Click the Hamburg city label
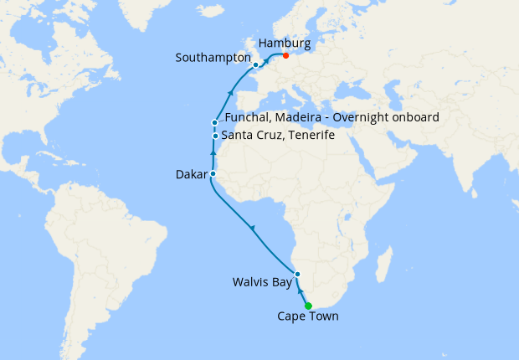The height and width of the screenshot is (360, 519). tap(285, 43)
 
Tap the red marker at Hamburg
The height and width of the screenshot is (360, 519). tap(285, 56)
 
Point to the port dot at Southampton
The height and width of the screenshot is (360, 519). tap(255, 64)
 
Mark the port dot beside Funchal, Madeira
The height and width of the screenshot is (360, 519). tap(215, 123)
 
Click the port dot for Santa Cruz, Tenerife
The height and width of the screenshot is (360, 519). tap(215, 136)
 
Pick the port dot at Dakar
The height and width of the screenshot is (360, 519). tap(212, 174)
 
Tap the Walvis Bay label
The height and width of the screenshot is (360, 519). tap(262, 283)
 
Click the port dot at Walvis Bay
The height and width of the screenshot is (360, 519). tap(297, 275)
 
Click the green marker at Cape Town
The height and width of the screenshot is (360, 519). tap(308, 306)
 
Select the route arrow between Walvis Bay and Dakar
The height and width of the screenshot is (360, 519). tap(252, 228)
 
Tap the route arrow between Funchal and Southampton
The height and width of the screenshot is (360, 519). tap(229, 91)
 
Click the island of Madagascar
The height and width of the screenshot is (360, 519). tap(384, 265)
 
